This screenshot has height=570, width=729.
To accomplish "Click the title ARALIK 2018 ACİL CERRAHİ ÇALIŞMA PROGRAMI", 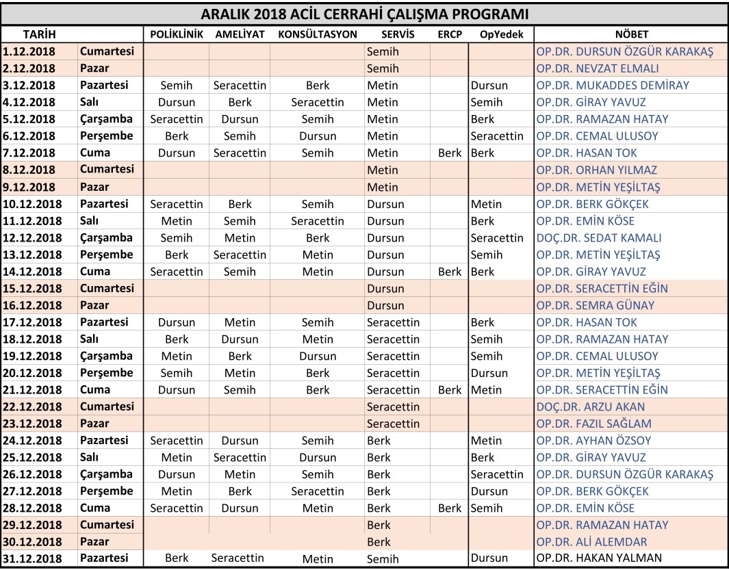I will pyautogui.click(x=364, y=14).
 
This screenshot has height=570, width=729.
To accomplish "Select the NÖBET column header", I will pyautogui.click(x=631, y=34).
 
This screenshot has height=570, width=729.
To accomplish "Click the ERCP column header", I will pyautogui.click(x=449, y=34).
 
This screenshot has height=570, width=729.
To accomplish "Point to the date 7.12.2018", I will pyautogui.click(x=29, y=153).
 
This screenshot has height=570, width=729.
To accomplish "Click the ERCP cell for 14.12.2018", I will pyautogui.click(x=450, y=272).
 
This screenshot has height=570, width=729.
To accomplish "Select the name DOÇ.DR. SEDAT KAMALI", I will pyautogui.click(x=599, y=238).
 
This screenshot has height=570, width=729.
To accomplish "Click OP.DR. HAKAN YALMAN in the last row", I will pyautogui.click(x=599, y=558).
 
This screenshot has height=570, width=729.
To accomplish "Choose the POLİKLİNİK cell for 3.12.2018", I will pyautogui.click(x=177, y=86).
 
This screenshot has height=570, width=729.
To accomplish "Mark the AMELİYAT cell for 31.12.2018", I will pyautogui.click(x=238, y=558).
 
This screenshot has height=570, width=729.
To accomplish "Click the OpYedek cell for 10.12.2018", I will pyautogui.click(x=486, y=204).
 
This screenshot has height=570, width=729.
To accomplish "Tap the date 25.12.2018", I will pyautogui.click(x=32, y=458).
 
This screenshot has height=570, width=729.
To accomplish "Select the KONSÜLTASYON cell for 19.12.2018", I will pyautogui.click(x=318, y=357).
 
